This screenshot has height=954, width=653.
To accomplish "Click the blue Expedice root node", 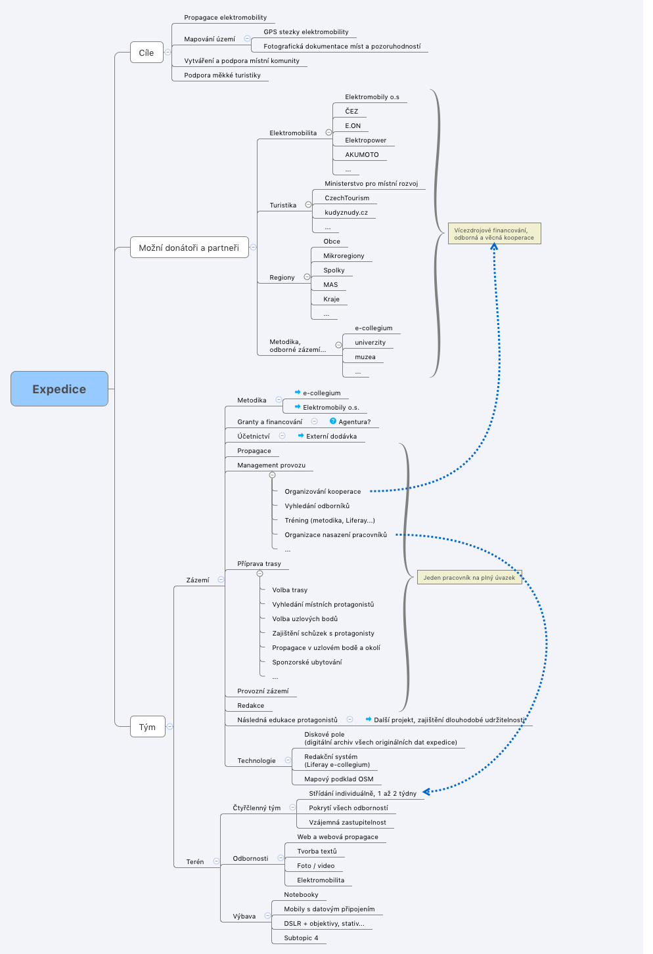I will click(59, 389).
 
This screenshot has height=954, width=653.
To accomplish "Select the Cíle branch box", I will click(146, 53).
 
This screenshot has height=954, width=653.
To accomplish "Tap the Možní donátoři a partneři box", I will click(189, 248).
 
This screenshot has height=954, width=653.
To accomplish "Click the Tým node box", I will click(147, 727).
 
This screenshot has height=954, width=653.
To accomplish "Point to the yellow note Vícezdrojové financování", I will click(494, 234).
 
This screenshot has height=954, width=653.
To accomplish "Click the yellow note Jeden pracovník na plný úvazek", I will click(469, 578).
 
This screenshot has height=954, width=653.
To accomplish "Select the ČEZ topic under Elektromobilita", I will click(351, 112).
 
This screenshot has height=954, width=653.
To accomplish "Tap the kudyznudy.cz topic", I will click(346, 213).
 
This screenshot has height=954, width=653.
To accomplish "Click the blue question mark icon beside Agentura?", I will click(333, 422).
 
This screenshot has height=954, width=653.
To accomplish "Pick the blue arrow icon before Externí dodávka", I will click(301, 436).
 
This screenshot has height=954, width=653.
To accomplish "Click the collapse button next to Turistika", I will click(308, 205).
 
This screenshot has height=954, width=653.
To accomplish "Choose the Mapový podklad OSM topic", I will click(338, 779).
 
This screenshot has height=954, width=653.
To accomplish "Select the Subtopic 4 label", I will click(301, 938).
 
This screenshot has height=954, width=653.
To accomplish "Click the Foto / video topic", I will click(315, 866).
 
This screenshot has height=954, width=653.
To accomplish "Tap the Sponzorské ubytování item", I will click(307, 662).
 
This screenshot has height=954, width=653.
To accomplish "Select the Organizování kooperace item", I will click(323, 492).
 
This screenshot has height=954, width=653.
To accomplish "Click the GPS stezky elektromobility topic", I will click(306, 32).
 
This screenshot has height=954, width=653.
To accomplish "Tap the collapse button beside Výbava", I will click(267, 916).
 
